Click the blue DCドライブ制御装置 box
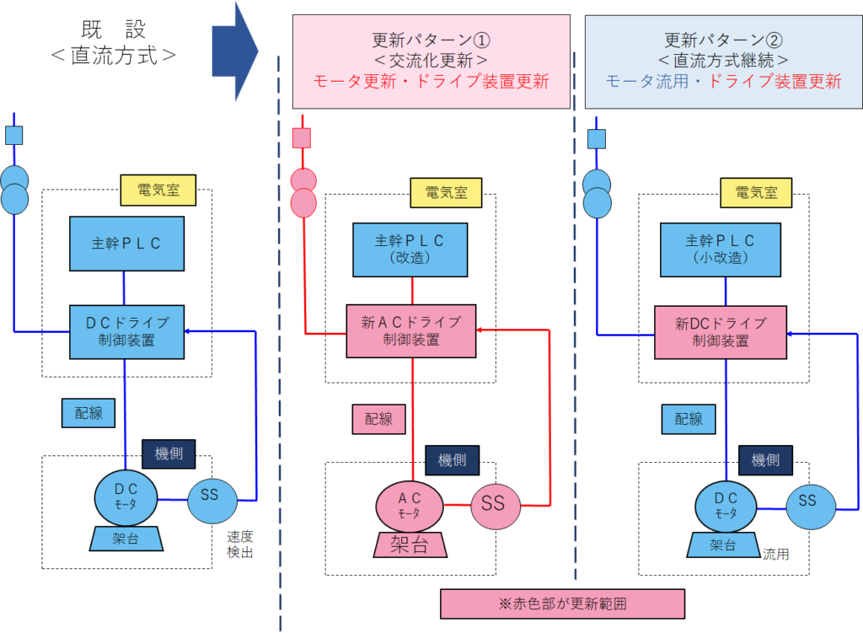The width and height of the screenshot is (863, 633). [127, 332]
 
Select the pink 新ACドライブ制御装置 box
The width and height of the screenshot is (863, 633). [411, 330]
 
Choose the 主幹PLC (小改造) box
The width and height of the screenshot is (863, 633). [721, 249]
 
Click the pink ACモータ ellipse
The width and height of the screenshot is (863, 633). [410, 505]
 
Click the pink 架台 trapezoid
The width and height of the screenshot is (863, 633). [410, 544]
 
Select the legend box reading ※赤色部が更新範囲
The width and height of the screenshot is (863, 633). [562, 603]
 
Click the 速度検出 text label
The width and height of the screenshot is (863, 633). [240, 544]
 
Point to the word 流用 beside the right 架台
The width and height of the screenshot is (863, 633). [776, 555]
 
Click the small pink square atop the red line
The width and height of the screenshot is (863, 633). [302, 137]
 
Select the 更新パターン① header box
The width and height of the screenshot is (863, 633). [431, 62]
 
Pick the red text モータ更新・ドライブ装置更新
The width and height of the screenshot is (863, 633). [431, 82]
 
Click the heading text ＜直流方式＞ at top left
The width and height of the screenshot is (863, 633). [113, 56]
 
